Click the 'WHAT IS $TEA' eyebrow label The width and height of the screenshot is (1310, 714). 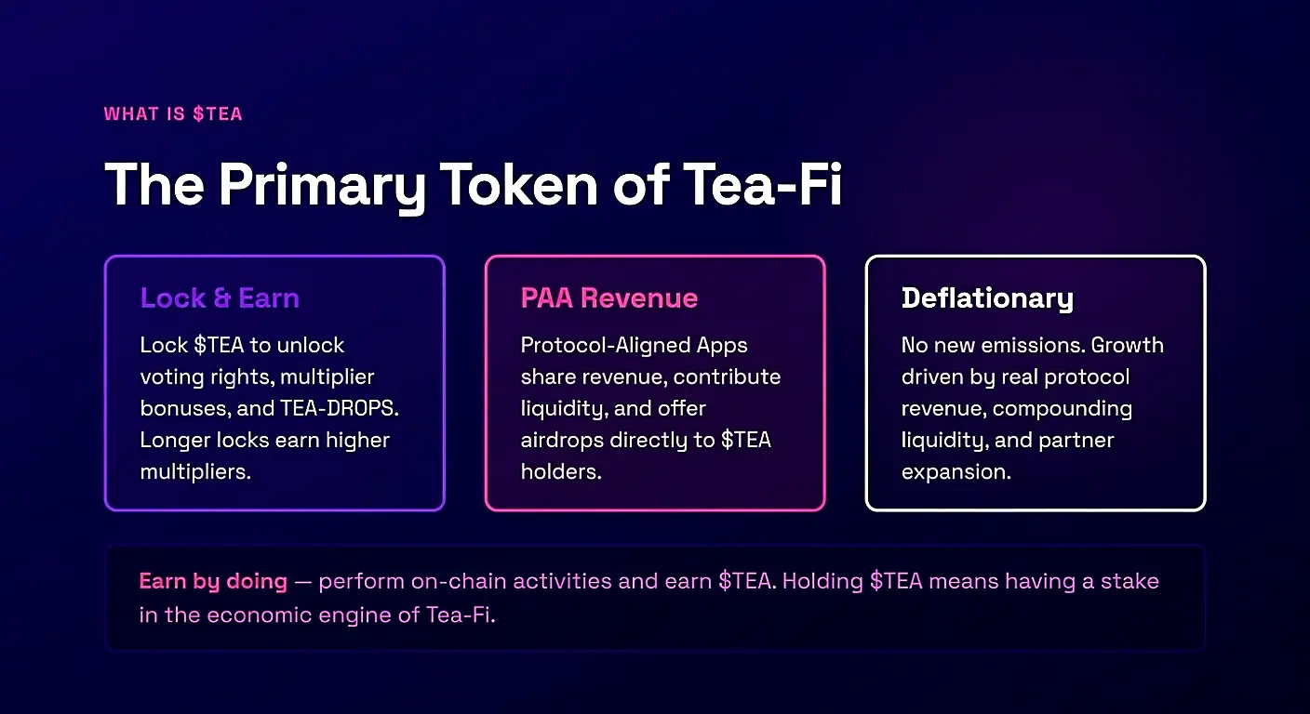pyautogui.click(x=173, y=113)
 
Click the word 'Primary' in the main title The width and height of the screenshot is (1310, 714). pyautogui.click(x=321, y=186)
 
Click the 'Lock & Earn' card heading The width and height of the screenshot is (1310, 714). pyautogui.click(x=220, y=298)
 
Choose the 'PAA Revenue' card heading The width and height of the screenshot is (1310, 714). pyautogui.click(x=609, y=298)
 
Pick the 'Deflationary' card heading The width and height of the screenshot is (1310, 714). pyautogui.click(x=987, y=299)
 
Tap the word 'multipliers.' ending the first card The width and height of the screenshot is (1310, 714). pyautogui.click(x=195, y=471)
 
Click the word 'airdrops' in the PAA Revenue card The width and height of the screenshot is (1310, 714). pyautogui.click(x=562, y=441)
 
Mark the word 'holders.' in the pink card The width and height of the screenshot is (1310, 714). pyautogui.click(x=561, y=471)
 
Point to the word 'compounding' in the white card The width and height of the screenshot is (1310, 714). pyautogui.click(x=1062, y=409)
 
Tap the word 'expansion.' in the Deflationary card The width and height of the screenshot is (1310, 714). pyautogui.click(x=956, y=472)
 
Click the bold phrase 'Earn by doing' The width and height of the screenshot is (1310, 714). pyautogui.click(x=213, y=582)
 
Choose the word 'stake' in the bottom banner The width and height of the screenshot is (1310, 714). pyautogui.click(x=1130, y=581)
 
